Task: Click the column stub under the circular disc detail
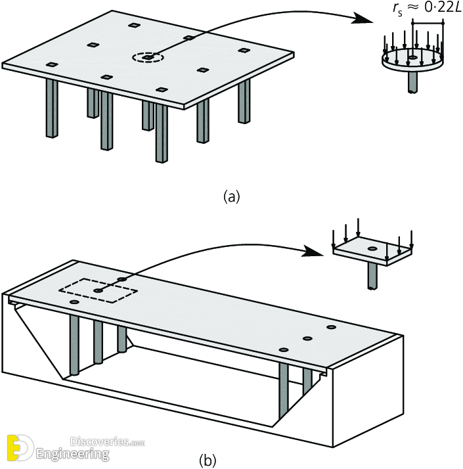point(412,81)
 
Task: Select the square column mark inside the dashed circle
point(149,58)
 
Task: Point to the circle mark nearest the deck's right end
point(330,326)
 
